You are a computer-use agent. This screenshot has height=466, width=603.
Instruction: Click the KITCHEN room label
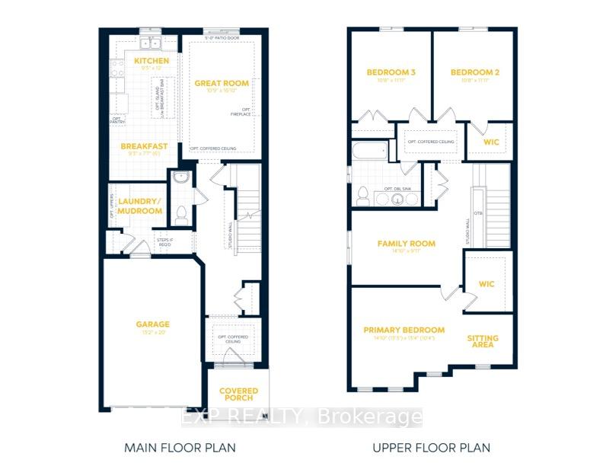pos(151,60)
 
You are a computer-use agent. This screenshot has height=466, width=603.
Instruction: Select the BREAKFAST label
pos(144,146)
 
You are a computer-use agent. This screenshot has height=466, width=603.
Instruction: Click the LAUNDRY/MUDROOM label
pos(140,206)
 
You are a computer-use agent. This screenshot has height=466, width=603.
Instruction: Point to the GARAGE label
pos(154,324)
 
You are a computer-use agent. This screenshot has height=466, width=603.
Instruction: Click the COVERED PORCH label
pos(239,394)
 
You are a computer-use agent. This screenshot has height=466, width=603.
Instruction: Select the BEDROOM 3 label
pos(391,72)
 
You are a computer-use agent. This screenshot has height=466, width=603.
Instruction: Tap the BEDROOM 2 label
pos(474,72)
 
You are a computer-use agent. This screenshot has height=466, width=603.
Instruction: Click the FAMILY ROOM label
pos(407,244)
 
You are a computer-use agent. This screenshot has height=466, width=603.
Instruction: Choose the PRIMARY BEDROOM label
pos(404,330)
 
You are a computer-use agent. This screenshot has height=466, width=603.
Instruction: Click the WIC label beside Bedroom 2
pos(490,142)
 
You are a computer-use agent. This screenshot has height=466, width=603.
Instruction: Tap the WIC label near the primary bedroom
pos(487,283)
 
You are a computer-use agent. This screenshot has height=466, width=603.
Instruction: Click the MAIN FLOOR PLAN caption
pos(180,447)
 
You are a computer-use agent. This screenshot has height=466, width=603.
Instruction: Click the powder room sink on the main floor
pos(180,179)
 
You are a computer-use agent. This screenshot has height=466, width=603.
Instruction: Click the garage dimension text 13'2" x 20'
pos(154,333)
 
